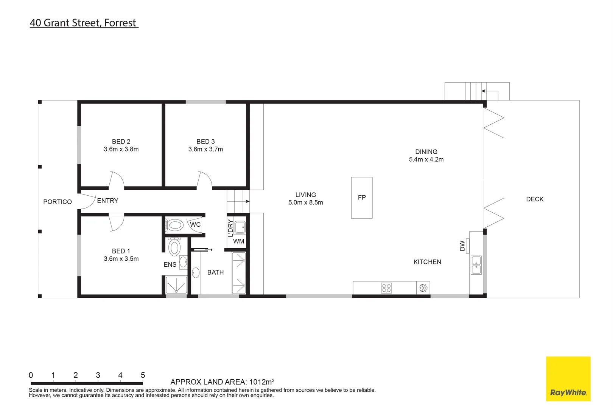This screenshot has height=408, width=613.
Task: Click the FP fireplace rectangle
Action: point(361,198)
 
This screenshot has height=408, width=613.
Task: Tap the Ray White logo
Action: point(568,379)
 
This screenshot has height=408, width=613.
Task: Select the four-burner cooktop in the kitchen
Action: point(386,288)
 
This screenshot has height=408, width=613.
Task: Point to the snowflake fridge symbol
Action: point(423,288)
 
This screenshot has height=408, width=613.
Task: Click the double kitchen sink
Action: point(476,265)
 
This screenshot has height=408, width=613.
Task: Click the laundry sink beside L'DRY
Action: point(240,227)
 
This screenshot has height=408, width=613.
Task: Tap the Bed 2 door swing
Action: point(116,180)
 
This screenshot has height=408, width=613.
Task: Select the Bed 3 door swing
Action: point(204,180)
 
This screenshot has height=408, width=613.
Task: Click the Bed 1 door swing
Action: point(116,222)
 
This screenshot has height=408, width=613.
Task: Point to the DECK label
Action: point(535,199)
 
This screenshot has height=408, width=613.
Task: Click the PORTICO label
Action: point(58,202)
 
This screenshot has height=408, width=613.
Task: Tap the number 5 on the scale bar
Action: point(143,375)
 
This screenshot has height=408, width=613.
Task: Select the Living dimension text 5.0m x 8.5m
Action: point(306,202)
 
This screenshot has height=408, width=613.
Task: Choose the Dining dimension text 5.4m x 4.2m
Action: point(426,159)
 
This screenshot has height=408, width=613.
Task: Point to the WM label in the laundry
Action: point(239,241)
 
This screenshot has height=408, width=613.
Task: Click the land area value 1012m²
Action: point(262,382)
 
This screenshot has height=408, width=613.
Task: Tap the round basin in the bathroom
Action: point(196,273)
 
